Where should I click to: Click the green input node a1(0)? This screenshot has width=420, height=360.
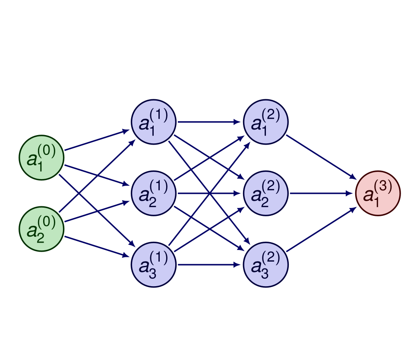coord(42,158)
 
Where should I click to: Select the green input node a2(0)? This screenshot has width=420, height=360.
coord(42,229)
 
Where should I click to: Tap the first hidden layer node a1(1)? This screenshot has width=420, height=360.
coord(154,122)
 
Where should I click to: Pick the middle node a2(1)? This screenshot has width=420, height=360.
coord(154,193)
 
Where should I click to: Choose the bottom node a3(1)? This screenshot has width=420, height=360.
coord(154,265)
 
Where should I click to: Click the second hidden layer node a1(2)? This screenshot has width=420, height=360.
coord(266,122)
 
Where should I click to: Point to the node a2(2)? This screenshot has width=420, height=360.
coord(266,193)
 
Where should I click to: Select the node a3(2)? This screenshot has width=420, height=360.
coord(266,265)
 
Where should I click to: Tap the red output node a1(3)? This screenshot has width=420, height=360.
coord(378,193)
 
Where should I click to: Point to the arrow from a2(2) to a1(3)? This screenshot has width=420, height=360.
coord(322,193)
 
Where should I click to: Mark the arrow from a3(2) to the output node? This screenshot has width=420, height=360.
coord(322,229)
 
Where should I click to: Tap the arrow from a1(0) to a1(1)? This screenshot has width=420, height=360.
coord(97,140)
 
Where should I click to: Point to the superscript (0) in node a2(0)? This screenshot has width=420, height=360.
coord(47,222)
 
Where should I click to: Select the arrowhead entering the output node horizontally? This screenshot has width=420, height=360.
coord(352,193)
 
